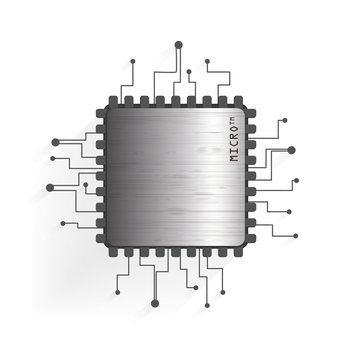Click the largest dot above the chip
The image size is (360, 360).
click(x=179, y=45)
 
